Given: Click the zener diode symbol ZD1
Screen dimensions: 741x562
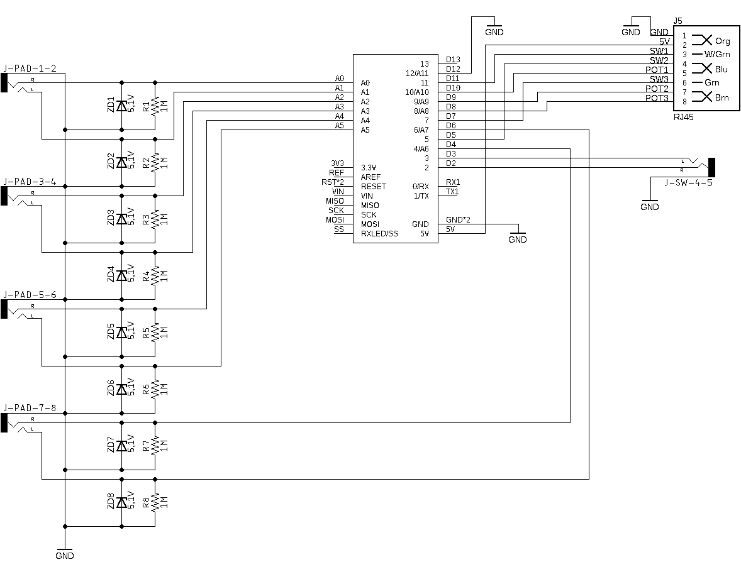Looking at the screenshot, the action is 121,106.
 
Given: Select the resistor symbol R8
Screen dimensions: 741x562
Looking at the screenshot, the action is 155,502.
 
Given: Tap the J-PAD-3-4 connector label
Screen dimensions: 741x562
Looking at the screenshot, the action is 30,182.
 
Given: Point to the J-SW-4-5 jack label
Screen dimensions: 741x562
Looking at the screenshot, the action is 688,182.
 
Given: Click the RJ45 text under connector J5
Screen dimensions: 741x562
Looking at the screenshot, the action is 683,117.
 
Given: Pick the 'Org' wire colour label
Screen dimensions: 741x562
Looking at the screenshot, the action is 723,41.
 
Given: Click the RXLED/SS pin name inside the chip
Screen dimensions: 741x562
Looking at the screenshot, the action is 379,234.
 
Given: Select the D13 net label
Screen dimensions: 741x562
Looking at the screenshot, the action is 453,60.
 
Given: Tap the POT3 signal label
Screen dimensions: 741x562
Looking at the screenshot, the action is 657,98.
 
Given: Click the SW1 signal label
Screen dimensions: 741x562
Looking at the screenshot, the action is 659,51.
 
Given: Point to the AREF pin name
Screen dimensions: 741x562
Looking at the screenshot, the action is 370,177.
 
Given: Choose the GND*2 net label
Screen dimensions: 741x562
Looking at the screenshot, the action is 458,220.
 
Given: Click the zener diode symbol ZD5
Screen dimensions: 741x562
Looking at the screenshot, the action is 121,333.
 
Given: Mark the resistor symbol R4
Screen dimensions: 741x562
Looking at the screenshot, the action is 155,276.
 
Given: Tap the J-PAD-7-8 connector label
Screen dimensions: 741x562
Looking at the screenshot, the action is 30,408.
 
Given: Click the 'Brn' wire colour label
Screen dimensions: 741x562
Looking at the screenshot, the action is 721,98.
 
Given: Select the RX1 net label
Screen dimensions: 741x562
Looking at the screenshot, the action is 453,182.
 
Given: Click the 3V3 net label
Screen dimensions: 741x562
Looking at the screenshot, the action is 337,163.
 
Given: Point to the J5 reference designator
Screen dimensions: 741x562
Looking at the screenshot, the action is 677,21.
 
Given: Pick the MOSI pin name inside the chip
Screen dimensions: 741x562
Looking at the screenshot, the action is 369,224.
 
